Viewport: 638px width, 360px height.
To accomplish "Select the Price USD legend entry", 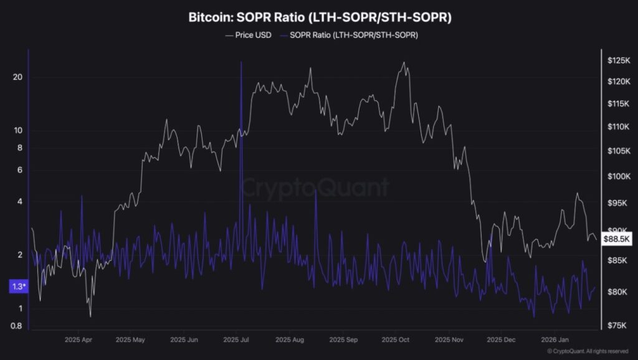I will click(x=249, y=36).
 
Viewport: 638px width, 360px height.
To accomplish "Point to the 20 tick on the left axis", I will click(x=17, y=77).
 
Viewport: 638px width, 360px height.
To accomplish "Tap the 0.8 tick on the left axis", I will click(x=17, y=326).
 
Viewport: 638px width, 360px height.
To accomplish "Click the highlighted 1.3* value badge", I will click(x=18, y=287).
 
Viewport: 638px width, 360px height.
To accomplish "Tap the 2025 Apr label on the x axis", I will click(x=79, y=341).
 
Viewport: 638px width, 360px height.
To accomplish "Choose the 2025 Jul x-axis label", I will click(x=236, y=341).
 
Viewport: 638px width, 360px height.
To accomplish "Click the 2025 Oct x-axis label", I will click(x=395, y=341).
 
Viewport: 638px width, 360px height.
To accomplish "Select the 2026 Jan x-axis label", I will click(x=554, y=341).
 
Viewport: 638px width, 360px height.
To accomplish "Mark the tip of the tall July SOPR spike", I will click(x=240, y=62).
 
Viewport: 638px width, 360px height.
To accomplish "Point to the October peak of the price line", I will click(x=404, y=62).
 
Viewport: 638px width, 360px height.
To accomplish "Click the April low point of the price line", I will click(x=90, y=316).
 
